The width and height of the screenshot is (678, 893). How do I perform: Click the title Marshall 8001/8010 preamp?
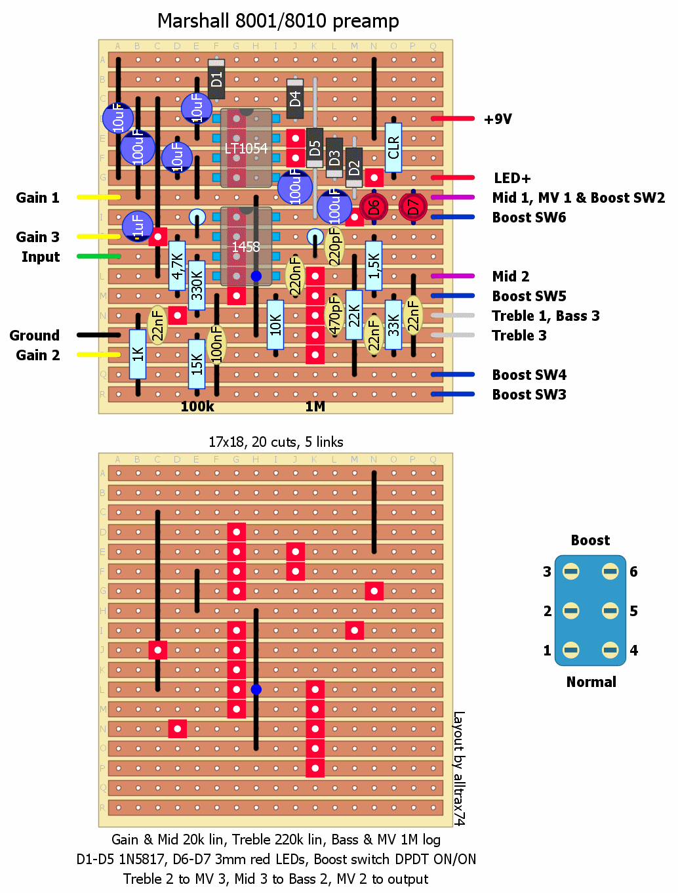[278, 21]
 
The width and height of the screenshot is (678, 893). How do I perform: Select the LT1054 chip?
[246, 148]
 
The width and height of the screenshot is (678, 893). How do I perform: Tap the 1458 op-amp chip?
[246, 247]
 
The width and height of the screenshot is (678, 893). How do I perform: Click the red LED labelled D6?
[374, 207]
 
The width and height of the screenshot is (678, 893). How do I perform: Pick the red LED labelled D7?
[413, 207]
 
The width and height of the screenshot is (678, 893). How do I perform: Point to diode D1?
[216, 79]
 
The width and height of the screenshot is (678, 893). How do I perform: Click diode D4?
[295, 98]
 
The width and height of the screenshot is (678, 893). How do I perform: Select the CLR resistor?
[393, 148]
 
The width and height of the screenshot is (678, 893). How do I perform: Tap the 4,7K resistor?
[177, 266]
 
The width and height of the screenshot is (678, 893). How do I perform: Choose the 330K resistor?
[197, 285]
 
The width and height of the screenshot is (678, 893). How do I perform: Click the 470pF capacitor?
[334, 315]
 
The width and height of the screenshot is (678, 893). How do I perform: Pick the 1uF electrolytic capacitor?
[138, 226]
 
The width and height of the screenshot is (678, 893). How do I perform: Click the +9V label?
[498, 119]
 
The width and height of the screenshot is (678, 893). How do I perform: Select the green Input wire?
[98, 256]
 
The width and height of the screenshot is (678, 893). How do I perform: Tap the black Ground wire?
[98, 335]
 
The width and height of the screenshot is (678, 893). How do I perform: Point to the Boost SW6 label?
[528, 217]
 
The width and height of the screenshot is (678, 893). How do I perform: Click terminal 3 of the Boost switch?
[571, 571]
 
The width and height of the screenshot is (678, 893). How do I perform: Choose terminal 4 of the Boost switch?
[610, 650]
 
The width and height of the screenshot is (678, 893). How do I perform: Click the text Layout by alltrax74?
[459, 768]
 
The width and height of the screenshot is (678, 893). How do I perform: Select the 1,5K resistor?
[374, 266]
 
